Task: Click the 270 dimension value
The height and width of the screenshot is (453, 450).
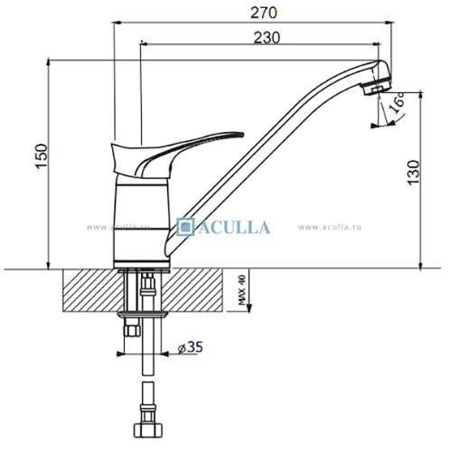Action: coord(263,13)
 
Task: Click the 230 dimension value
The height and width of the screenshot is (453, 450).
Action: coord(267,38)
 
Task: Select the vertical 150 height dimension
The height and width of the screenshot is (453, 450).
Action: coord(42,156)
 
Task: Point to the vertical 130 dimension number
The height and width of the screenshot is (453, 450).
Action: coord(414,173)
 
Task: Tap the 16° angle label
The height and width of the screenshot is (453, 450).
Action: coord(398,102)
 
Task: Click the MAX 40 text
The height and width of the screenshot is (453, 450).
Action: coord(242,289)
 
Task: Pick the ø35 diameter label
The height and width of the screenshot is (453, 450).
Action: coord(191,347)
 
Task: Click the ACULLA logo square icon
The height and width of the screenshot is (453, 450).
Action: coord(185,227)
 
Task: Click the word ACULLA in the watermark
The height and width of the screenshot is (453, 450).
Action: coord(234,227)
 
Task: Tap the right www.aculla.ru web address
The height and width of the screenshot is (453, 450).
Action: coord(330,227)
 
